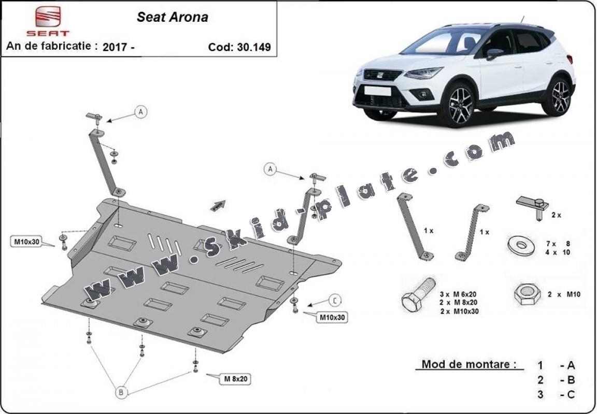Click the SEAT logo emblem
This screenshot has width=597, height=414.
(x=48, y=16)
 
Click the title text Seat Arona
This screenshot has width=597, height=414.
(x=173, y=17)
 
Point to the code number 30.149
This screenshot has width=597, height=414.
(x=253, y=47)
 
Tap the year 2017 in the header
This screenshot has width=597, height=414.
(x=115, y=47)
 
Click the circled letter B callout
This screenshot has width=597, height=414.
(x=121, y=392)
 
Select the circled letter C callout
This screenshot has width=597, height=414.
(x=335, y=301)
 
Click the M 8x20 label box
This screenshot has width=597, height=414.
(x=235, y=379)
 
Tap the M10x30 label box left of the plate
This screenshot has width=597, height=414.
(x=26, y=241)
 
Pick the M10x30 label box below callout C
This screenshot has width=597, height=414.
(x=333, y=317)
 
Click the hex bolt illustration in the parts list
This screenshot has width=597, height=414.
(x=418, y=294)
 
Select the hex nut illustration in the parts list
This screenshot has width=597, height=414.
(x=527, y=294)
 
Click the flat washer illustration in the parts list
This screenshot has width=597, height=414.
(x=521, y=245)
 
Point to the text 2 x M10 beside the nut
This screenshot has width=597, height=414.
(x=564, y=294)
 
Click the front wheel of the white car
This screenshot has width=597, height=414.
(x=460, y=105)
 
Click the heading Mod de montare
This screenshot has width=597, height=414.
(x=469, y=364)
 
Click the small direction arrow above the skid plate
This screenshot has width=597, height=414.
(x=218, y=206)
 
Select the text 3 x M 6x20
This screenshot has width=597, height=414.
(x=458, y=294)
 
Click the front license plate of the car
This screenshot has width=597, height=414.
(x=377, y=91)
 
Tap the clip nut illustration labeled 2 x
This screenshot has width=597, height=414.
(x=533, y=207)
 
